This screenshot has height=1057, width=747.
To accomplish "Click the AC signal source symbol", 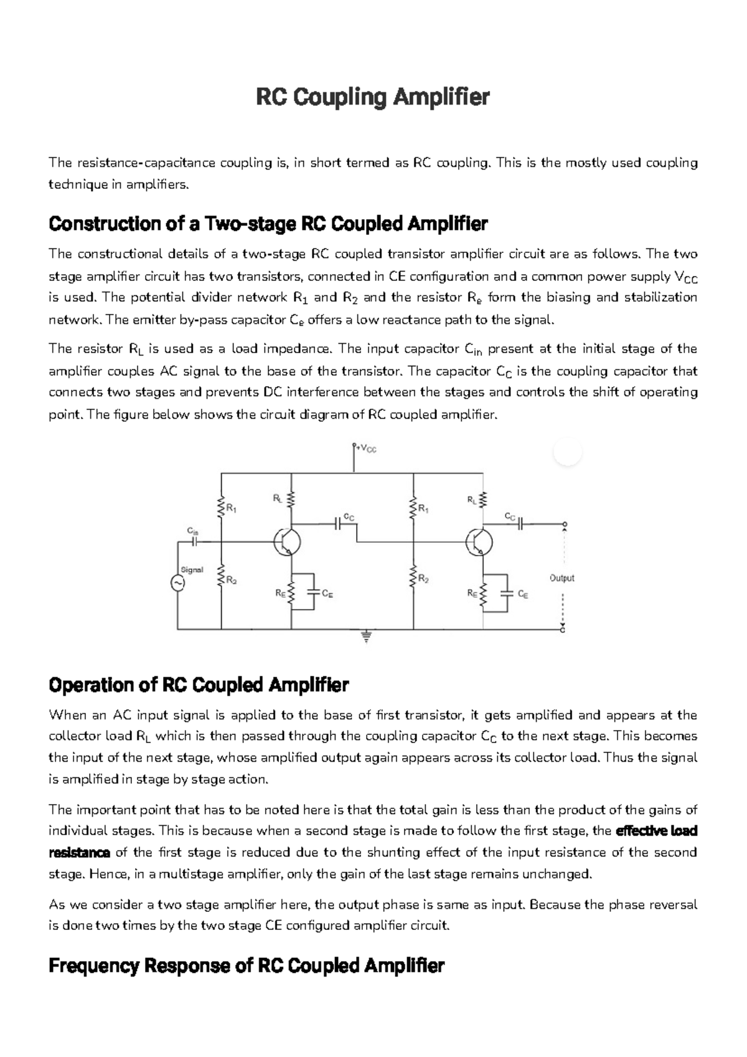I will point(177,583).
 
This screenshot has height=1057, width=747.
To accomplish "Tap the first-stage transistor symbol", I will point(288,542).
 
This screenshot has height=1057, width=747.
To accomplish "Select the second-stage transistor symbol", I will point(479,542).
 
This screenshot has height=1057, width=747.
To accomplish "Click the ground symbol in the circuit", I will point(367,637).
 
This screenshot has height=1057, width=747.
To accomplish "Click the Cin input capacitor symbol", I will point(194,541).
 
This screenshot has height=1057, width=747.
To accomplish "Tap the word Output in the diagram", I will point(561,578).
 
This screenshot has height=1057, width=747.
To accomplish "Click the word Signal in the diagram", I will point(192,570).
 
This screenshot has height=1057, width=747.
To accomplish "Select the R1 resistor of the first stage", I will point(221,506).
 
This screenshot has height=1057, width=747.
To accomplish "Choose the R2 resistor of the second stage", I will point(413,578).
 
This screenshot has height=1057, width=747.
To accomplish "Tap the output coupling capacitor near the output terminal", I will point(521,524).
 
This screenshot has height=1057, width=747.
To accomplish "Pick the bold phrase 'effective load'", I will point(655,831).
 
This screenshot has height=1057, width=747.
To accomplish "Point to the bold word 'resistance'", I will point(79,853).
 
